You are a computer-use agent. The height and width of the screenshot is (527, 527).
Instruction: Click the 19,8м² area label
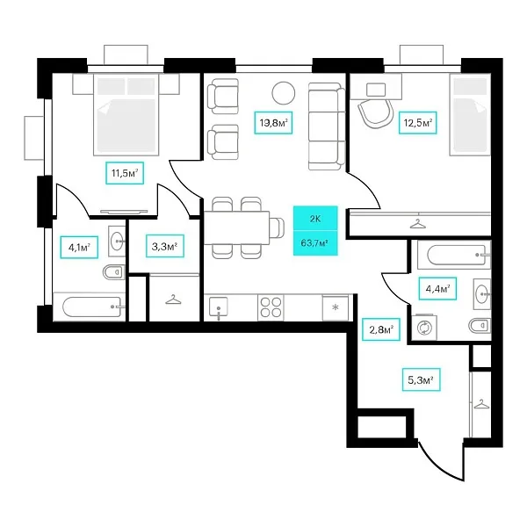point(273,123)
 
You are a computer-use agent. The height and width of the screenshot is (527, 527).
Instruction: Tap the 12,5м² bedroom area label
point(417,123)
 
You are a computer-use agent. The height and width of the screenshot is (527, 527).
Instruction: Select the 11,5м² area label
point(125,173)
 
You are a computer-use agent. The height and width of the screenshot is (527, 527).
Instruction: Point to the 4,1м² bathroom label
point(79,248)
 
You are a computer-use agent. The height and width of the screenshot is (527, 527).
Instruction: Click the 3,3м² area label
point(165,246)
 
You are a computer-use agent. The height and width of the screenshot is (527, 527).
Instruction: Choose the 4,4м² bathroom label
point(437,288)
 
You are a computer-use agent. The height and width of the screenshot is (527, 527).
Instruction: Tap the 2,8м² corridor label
point(381,329)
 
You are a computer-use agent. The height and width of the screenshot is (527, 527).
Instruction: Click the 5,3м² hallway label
point(421,379)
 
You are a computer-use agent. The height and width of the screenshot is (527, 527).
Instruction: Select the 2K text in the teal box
point(315,219)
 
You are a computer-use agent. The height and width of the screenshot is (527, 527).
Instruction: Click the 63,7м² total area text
point(314,242)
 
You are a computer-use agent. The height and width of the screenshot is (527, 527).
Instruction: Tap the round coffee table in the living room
point(284,93)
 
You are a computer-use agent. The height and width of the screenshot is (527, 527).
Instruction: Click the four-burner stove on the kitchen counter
point(271,307)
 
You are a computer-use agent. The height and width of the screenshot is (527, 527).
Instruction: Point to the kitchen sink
point(218,307)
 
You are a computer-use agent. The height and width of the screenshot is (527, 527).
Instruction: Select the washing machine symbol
point(424,327)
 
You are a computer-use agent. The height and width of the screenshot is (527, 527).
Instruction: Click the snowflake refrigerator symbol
point(336,307)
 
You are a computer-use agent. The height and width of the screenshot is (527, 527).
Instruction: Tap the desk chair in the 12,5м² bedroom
point(375,112)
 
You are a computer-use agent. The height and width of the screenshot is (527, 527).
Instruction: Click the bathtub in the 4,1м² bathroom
point(91,307)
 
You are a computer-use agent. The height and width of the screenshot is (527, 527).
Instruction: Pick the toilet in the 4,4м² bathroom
point(479,325)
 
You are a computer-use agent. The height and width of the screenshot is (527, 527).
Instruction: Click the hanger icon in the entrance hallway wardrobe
point(481,404)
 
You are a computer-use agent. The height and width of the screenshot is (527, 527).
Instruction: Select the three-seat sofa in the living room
point(327,126)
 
